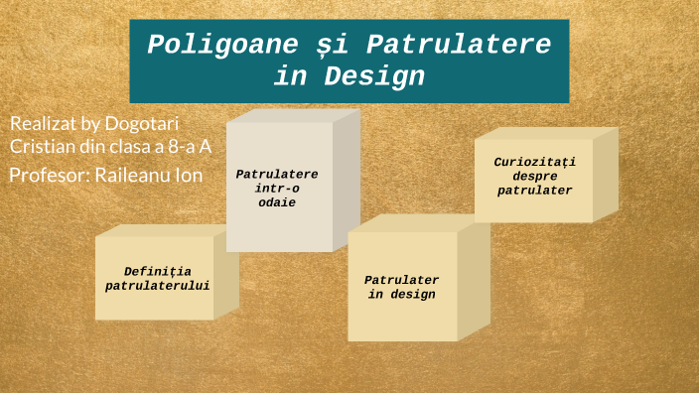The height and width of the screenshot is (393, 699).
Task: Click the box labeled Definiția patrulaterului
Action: pyautogui.click(x=155, y=278)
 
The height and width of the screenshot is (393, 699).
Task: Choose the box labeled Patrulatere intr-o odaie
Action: pyautogui.click(x=278, y=188)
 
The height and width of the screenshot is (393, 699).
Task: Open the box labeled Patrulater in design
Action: pyautogui.click(x=402, y=287)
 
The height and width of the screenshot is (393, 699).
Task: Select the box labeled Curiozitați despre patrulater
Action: pyautogui.click(x=534, y=176)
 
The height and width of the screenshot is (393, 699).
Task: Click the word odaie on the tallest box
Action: pyautogui.click(x=277, y=202)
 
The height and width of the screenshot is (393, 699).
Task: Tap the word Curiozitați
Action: pyautogui.click(x=535, y=161)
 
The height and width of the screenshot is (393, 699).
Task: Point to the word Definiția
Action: pyautogui.click(x=158, y=271)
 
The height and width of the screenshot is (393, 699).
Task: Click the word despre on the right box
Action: pyautogui.click(x=535, y=176)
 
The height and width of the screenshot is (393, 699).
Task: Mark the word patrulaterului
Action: pyautogui.click(x=158, y=286)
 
